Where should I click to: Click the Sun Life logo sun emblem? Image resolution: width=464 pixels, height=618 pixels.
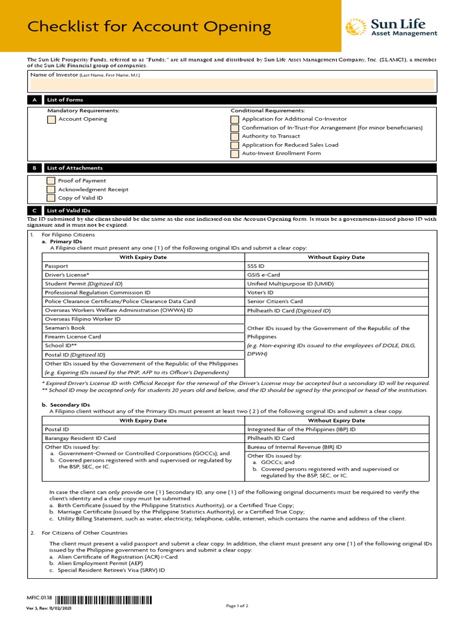point(356,28)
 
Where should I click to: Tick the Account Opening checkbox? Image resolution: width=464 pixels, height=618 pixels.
point(51,119)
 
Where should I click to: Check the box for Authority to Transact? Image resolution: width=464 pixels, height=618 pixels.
point(235,136)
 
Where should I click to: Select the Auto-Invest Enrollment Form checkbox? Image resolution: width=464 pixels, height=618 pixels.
point(235,154)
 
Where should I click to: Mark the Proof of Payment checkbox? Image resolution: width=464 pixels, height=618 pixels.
point(51,181)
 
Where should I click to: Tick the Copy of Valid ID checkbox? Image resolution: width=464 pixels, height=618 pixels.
point(51,198)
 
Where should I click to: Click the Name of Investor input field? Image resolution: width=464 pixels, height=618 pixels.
point(232,84)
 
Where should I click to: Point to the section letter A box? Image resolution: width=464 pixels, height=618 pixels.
point(34,100)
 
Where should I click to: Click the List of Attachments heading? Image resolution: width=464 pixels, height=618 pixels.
point(75,168)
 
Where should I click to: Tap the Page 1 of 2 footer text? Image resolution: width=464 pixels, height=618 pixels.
point(237,605)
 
